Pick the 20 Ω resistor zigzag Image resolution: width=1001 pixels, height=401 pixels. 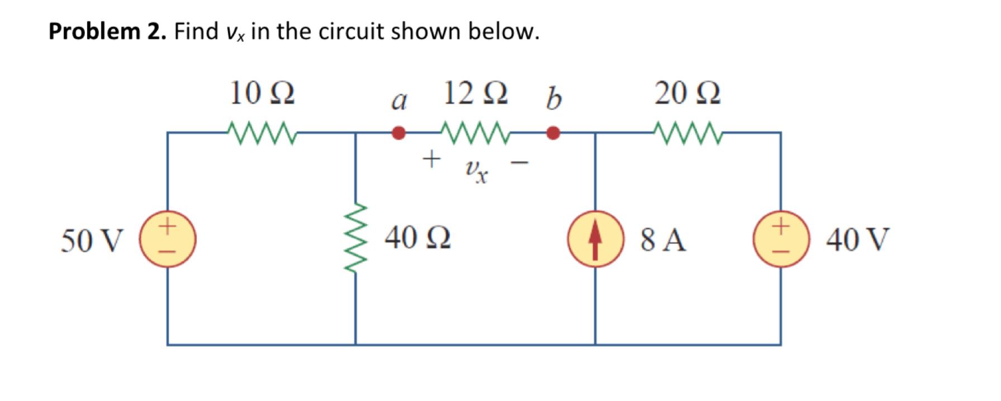pos(687,133)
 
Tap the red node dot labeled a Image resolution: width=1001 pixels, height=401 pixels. pos(398,133)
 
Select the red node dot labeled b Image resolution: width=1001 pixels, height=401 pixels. pos(553,133)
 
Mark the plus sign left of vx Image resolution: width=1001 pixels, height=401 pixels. pos(430,159)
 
